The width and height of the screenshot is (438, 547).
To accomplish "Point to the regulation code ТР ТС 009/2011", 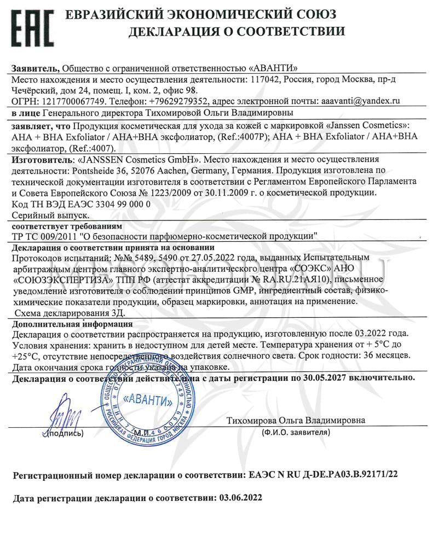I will pyautogui.click(x=44, y=236).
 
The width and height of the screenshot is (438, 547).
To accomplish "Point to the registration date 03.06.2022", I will pyautogui.click(x=240, y=498).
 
